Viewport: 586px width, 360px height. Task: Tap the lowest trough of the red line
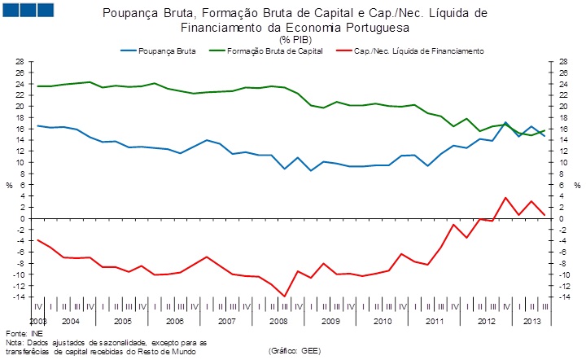tap(285, 296)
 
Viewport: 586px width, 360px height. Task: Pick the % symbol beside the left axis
tap(8, 186)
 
